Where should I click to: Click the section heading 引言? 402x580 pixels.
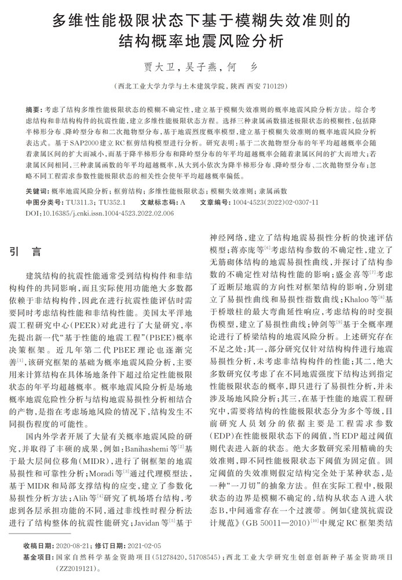tap(26, 252)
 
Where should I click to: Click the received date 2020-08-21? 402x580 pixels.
tap(71, 546)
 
